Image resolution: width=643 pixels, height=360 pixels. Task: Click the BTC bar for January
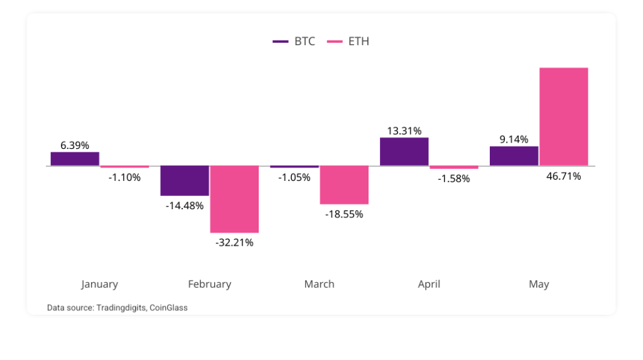point(75,159)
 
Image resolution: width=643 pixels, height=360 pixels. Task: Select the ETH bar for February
point(234,199)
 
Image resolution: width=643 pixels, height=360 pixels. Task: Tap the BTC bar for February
point(185,180)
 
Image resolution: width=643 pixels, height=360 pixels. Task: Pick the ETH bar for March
point(344,185)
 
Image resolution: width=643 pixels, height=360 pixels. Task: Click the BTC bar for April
point(404,151)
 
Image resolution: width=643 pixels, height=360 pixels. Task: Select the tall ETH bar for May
point(564,116)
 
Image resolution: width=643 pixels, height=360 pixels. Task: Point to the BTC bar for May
point(514,156)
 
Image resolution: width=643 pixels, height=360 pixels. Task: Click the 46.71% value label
point(563,176)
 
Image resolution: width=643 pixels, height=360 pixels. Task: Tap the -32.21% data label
point(235,242)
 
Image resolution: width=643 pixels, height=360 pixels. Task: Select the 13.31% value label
point(404,131)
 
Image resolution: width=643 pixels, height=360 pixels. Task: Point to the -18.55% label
point(344,214)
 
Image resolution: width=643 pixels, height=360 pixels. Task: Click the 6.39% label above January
point(75,145)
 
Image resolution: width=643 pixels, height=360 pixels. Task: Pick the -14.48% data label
point(185,205)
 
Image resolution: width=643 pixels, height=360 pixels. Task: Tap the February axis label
point(210,284)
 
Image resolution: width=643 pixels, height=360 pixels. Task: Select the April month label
point(429,284)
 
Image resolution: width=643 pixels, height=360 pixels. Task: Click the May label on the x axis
point(539,284)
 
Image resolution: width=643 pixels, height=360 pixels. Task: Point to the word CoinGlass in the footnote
point(168,308)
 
